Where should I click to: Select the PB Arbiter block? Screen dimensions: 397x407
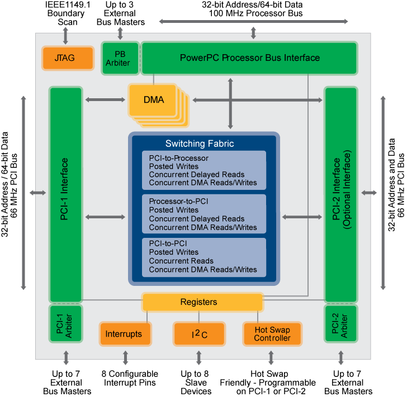[117, 58]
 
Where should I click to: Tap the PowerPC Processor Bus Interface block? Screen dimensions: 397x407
[249, 58]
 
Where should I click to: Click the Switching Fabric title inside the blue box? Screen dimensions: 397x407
[199, 144]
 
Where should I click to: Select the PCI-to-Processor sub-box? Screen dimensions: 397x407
[203, 170]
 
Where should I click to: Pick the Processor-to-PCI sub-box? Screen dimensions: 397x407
[203, 214]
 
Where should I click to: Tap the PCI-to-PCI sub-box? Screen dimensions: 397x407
[203, 257]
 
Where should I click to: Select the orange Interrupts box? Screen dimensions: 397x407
[124, 334]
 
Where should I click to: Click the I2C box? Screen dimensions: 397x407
[199, 334]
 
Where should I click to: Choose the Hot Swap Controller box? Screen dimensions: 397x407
[272, 334]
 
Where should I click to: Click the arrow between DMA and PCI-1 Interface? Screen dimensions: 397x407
[105, 100]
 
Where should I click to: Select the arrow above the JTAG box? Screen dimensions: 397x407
[65, 35]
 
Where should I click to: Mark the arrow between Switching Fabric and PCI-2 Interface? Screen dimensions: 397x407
[302, 217]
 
